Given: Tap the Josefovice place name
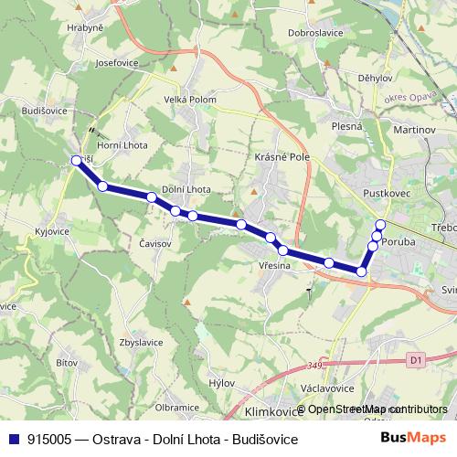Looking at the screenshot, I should click(x=116, y=64).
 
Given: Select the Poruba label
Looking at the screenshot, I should click(x=399, y=243).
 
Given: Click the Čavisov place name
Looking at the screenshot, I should click(x=156, y=244).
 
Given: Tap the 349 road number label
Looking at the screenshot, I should click(x=316, y=367).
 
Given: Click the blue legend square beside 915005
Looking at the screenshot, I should click(x=13, y=439).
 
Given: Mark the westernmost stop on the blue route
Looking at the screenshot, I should click(x=76, y=161).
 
